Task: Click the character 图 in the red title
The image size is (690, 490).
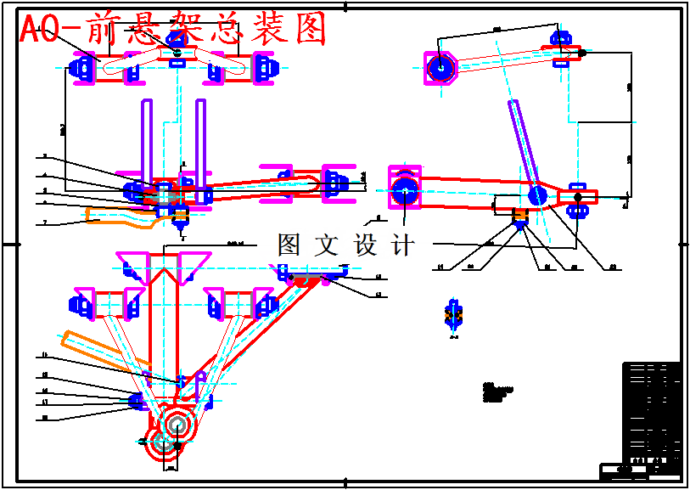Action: coord(311,30)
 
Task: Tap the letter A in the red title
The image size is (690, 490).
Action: coord(31,31)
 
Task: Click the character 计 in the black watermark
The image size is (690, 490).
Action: coord(404,245)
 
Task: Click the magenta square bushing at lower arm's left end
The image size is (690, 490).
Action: coord(405,188)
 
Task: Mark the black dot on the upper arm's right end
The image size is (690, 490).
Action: coord(582,53)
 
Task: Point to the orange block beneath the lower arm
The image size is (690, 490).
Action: coord(520,222)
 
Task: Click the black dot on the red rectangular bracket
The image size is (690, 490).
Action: coord(578,197)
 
